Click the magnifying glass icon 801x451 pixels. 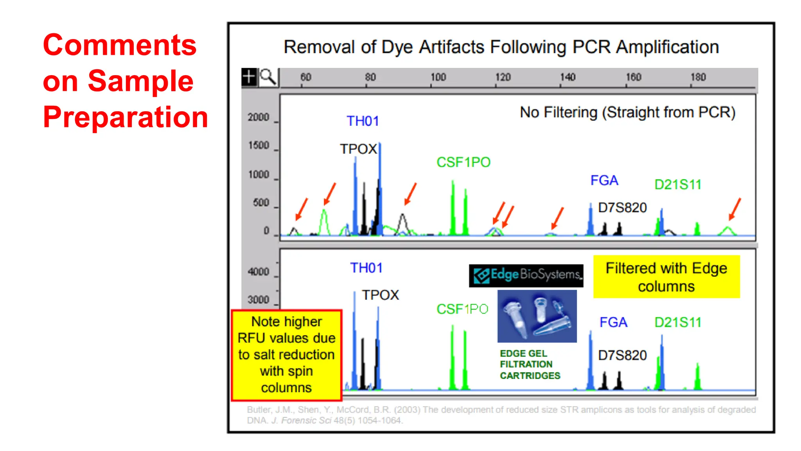(268, 77)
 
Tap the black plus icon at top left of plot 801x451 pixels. (249, 77)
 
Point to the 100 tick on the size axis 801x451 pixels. (438, 77)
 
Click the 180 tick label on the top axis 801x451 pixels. (698, 77)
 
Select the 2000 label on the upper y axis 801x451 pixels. (259, 117)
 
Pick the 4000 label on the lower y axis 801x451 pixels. (259, 271)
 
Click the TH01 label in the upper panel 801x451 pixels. (363, 121)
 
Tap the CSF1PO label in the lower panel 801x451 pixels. (462, 309)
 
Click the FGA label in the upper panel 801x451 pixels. (604, 180)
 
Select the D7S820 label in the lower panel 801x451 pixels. (622, 355)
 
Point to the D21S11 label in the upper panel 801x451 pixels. (678, 184)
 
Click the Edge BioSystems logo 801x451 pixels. (526, 275)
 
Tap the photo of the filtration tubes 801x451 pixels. (537, 316)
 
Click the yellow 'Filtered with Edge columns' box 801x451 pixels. (666, 277)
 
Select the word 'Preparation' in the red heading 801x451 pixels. (125, 117)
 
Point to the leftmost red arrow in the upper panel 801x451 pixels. (302, 209)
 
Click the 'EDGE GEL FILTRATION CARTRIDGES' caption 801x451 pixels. (530, 364)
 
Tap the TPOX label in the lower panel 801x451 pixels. (380, 295)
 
